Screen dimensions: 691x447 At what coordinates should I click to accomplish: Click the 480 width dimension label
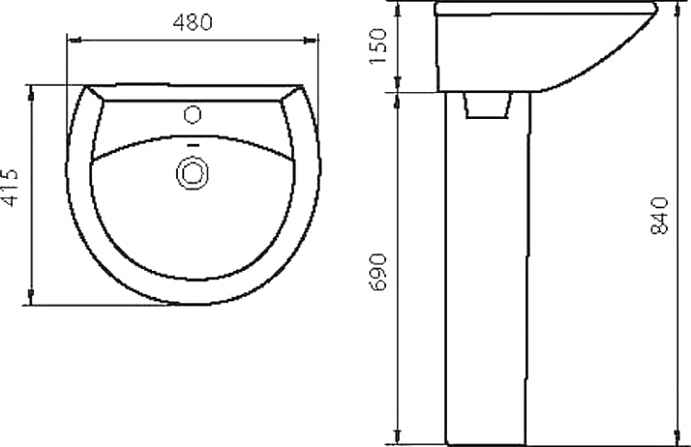tap(193, 22)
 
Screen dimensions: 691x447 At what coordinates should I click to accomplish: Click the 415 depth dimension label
tap(10, 187)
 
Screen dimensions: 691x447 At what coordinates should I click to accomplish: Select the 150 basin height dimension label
tap(379, 46)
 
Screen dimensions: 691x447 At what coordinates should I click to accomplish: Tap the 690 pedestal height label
tap(379, 272)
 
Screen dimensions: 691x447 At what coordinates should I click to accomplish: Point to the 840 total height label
tap(660, 216)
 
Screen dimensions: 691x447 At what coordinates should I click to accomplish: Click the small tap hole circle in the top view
tap(193, 114)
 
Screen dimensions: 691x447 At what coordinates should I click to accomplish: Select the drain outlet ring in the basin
tap(193, 172)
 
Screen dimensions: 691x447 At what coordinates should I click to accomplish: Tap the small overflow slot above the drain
tap(193, 144)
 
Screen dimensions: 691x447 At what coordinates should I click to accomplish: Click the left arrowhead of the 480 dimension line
tap(74, 41)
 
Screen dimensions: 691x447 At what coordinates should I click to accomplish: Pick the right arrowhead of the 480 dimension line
tap(310, 41)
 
